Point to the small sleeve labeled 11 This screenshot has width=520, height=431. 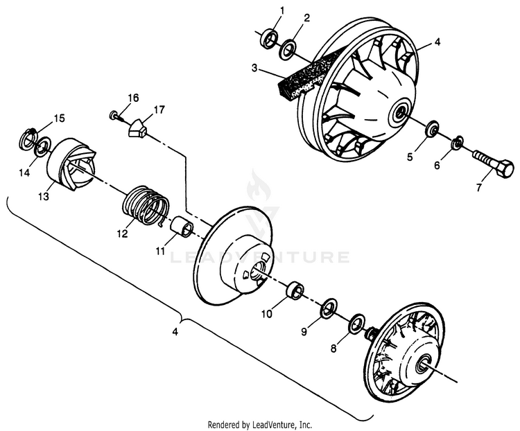coord(182,226)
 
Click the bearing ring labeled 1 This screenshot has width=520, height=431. coord(270,37)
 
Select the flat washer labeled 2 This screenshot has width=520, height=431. coord(288,50)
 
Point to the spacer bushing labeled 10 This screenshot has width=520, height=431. coord(295,290)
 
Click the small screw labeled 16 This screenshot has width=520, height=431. coord(114,116)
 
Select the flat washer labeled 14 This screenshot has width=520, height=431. coord(42,146)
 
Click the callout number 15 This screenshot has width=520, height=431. coord(60,118)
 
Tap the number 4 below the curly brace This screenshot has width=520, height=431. coord(175,331)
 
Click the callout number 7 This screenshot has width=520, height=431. coord(478,188)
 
